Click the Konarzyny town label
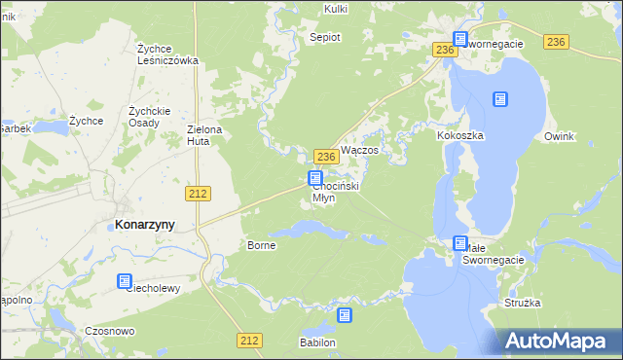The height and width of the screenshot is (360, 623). tap(145, 224)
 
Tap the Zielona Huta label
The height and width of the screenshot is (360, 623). tap(205, 135)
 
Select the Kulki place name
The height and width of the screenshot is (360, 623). tap(336, 9)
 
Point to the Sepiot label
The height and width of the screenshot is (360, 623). tap(324, 38)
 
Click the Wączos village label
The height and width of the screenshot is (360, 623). tap(365, 154)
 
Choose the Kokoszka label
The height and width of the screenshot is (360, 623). tap(461, 136)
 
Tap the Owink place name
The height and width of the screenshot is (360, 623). tap(561, 136)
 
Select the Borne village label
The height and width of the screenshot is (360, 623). tap(262, 245)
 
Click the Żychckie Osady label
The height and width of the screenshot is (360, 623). tap(150, 117)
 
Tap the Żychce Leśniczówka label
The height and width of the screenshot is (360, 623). tap(167, 54)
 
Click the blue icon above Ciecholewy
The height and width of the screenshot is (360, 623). tap(125, 282)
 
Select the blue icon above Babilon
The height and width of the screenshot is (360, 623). tap(345, 315)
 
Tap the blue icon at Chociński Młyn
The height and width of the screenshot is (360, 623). tap(315, 178)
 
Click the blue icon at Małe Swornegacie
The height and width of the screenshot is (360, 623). tap(460, 243)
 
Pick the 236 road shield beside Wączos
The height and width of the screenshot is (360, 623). tap(326, 157)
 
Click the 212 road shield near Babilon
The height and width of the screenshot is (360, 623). tap(248, 340)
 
